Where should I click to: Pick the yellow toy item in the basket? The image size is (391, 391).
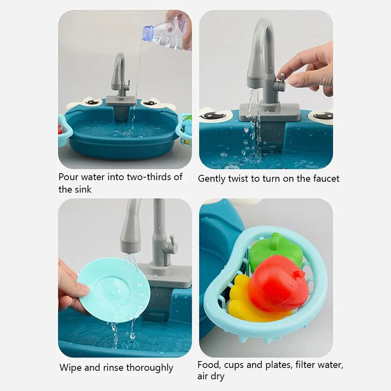tap(242, 299)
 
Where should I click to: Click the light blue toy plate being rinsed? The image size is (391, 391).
tap(113, 289)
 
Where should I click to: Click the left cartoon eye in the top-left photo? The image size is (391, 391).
tap(92, 102)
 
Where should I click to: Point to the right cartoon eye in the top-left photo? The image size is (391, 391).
tap(149, 103)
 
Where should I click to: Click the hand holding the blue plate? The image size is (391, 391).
tap(70, 285)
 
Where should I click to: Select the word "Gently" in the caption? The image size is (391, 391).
tap(211, 179)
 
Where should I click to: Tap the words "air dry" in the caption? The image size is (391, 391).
tap(211, 377)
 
